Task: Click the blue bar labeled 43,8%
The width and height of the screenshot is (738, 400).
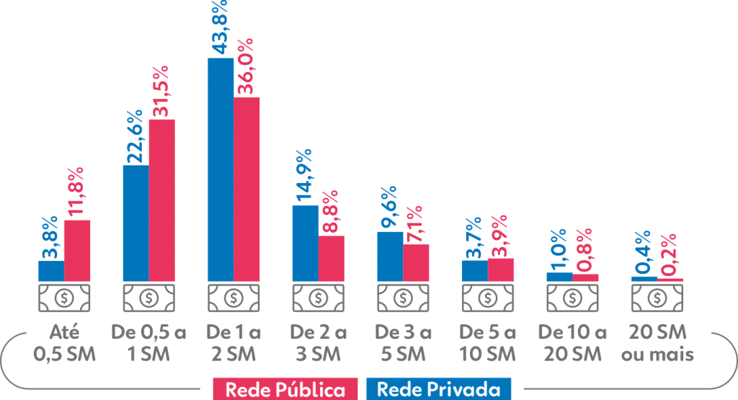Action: [221, 169]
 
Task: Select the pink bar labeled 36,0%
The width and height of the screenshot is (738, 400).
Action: [246, 189]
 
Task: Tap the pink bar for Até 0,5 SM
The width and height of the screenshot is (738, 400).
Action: [77, 250]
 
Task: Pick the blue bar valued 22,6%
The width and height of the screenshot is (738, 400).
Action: [135, 223]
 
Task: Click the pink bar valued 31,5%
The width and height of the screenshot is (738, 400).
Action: [162, 200]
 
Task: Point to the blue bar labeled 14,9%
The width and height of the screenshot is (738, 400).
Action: [305, 243]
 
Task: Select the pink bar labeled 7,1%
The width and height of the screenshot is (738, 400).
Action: [417, 262]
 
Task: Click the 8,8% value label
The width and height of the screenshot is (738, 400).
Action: [332, 213]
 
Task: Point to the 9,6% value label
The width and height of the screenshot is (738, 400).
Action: [389, 208]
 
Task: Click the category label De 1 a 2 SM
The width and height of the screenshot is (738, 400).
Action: [233, 344]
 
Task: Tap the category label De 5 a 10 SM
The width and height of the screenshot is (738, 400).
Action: [487, 344]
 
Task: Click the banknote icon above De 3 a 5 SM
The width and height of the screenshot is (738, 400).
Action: [403, 297]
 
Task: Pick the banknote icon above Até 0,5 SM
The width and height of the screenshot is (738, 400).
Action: [64, 297]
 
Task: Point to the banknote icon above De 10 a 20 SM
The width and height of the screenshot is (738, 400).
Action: [572, 297]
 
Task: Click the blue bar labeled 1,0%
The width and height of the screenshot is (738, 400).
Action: [559, 277]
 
